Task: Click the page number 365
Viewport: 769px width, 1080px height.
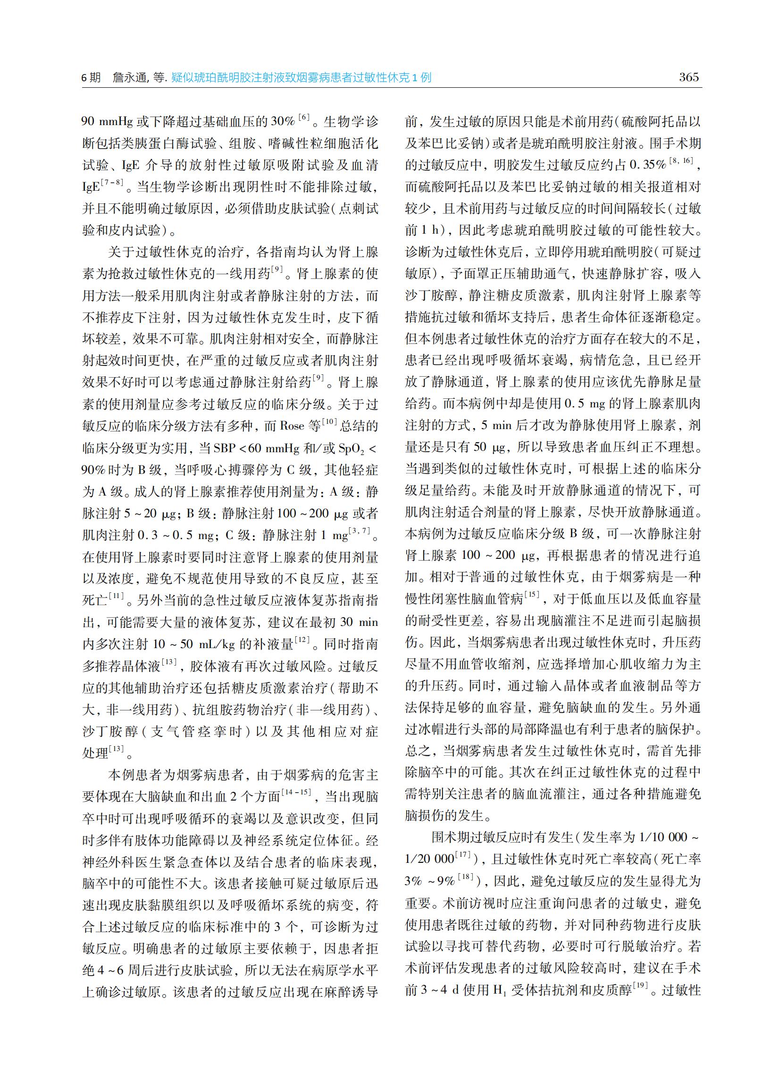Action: (x=688, y=77)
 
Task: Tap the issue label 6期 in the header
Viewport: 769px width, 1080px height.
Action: (x=92, y=78)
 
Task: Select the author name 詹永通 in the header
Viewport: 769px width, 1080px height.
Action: (x=130, y=78)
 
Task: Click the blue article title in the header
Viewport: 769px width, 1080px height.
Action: (x=301, y=78)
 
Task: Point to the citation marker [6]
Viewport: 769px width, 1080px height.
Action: (x=303, y=118)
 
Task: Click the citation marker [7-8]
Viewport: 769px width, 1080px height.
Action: (x=113, y=182)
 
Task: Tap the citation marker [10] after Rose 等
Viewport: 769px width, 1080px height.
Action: (x=329, y=422)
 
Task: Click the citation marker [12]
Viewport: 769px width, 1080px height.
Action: (x=302, y=640)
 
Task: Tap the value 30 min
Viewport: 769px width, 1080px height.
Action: (x=359, y=622)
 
